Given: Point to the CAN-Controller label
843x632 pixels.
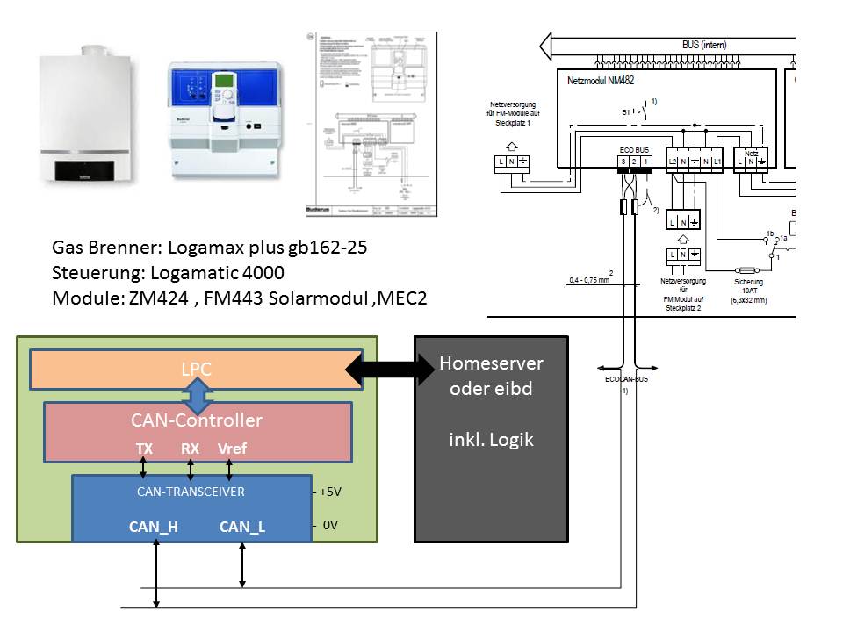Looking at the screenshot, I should [x=197, y=420].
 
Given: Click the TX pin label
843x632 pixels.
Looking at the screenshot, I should [x=144, y=449].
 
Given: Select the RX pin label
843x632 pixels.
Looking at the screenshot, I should [x=191, y=449].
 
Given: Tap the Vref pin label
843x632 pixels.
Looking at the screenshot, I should [x=233, y=449].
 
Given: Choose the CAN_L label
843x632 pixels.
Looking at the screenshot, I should [x=241, y=527].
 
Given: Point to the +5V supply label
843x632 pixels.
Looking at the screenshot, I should [x=328, y=492].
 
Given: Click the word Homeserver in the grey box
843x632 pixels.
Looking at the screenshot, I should [x=491, y=363].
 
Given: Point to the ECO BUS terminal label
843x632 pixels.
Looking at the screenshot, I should [x=635, y=150].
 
